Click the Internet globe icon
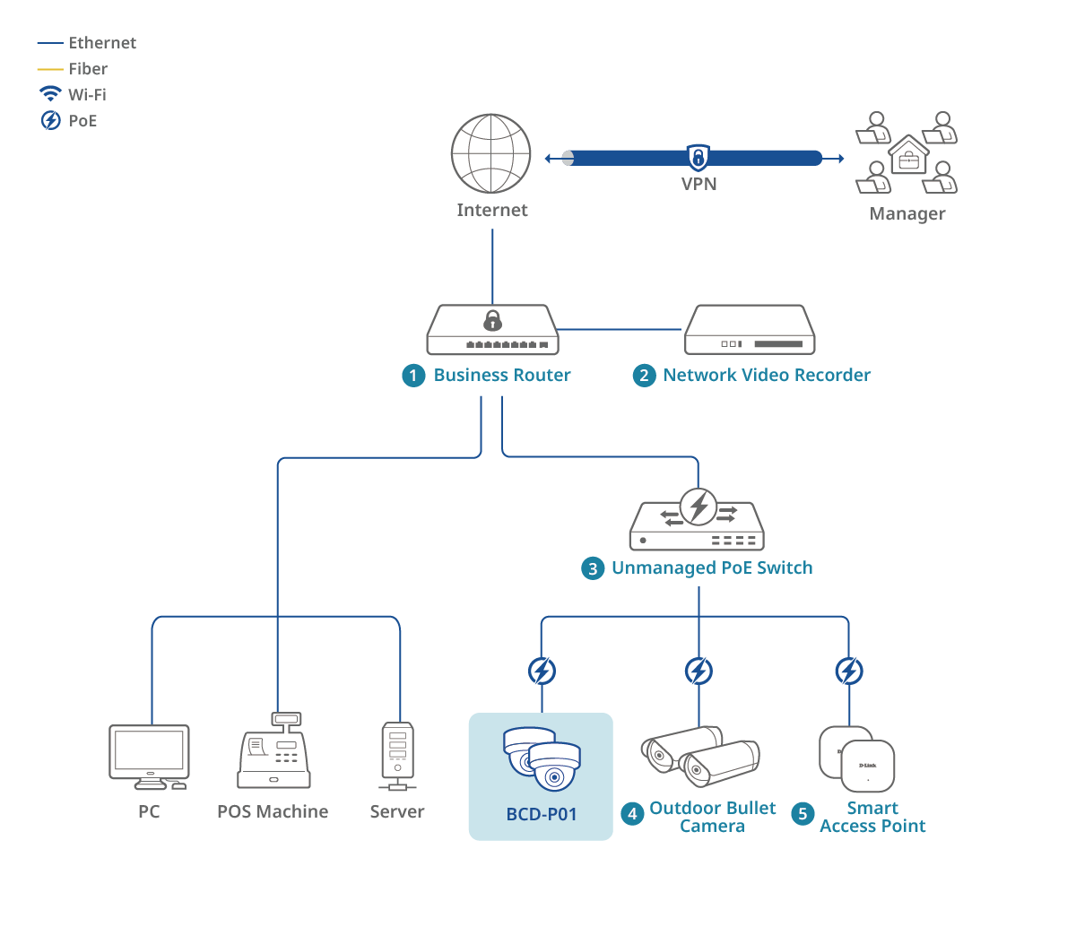tap(491, 153)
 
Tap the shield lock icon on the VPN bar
tap(698, 157)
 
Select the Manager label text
tap(907, 214)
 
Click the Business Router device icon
tap(492, 330)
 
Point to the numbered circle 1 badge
tap(412, 376)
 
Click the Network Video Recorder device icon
tap(750, 330)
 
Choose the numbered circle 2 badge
tap(644, 376)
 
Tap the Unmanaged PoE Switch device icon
tap(698, 520)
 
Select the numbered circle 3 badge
tap(593, 568)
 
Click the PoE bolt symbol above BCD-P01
tap(542, 671)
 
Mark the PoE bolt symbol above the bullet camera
tap(699, 671)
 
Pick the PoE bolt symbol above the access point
tap(848, 671)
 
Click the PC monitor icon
tap(149, 757)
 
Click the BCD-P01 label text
tap(541, 815)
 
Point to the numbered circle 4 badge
tap(632, 814)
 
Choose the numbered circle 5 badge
tap(803, 814)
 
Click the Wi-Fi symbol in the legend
tap(50, 93)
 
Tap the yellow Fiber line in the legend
tap(50, 69)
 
